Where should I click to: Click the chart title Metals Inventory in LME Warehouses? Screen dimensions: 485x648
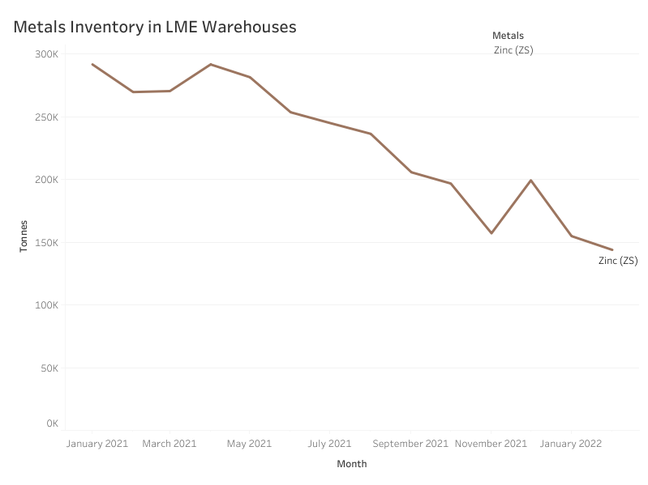[x=155, y=27]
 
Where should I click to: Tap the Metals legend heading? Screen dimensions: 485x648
[x=508, y=36]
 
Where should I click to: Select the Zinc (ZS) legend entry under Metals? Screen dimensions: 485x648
[x=513, y=50]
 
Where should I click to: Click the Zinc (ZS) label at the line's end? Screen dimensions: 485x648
[x=618, y=261]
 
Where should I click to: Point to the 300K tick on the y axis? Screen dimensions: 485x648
[x=45, y=54]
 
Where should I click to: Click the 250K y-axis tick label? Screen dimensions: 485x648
[x=45, y=117]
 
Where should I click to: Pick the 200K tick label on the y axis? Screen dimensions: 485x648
[x=45, y=180]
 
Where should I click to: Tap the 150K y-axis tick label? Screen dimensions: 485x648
[x=45, y=243]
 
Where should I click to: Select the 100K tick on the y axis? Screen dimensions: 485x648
[x=45, y=305]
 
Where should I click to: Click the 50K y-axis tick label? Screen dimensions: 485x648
[x=48, y=368]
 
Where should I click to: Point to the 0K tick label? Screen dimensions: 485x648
[x=51, y=423]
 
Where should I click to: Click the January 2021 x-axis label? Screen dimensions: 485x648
[x=97, y=444]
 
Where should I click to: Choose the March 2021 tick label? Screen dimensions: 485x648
[x=170, y=444]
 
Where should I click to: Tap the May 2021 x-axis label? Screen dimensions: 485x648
[x=249, y=444]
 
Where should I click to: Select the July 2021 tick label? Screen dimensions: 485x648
[x=329, y=444]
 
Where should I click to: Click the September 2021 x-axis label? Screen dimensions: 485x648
[x=410, y=444]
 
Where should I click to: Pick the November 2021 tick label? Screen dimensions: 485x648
[x=491, y=444]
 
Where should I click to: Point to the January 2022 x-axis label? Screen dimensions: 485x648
[x=571, y=444]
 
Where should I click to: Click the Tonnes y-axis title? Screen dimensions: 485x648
[x=24, y=236]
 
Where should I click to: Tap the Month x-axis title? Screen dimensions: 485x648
[x=352, y=464]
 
